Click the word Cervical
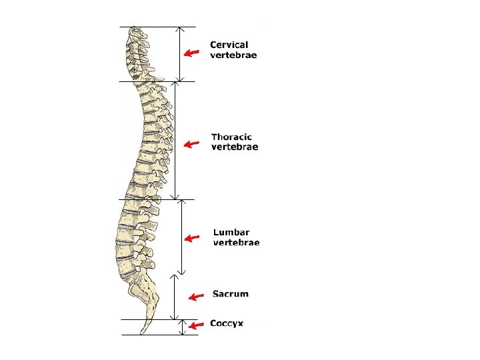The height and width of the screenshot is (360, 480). click(229, 45)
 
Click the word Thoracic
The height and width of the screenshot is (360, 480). click(231, 137)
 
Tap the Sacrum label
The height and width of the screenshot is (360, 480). click(230, 293)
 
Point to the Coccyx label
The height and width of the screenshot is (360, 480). click(227, 323)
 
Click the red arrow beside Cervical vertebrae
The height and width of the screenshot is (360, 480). click(192, 53)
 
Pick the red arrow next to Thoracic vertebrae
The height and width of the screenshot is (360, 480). click(192, 144)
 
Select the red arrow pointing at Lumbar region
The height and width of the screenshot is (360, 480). click(192, 238)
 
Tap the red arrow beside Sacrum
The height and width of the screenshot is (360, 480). click(195, 297)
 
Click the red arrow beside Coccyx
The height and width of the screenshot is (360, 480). click(195, 325)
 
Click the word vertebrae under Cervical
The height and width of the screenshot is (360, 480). click(233, 55)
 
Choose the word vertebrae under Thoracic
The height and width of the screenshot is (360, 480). click(235, 147)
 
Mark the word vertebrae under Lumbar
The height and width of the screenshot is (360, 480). click(236, 243)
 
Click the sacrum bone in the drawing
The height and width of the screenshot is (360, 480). click(143, 290)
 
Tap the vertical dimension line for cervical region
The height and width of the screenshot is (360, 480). click(180, 54)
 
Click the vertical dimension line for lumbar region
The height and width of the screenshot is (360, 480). click(182, 237)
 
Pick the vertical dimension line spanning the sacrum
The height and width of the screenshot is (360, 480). click(174, 297)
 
